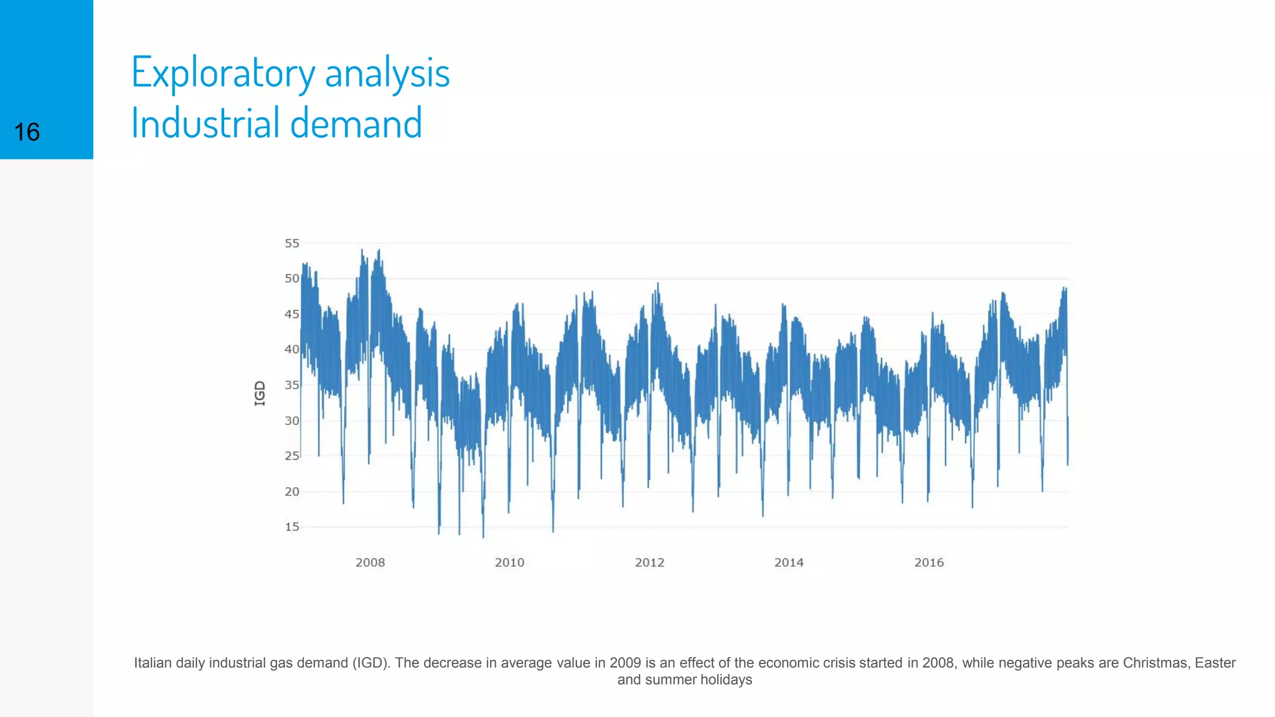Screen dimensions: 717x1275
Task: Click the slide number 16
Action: pos(27,133)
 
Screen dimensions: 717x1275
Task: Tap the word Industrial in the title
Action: pos(205,123)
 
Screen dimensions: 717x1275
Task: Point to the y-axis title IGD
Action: pos(260,393)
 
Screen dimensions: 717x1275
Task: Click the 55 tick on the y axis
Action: pos(292,243)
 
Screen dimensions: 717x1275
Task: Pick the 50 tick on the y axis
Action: pos(292,278)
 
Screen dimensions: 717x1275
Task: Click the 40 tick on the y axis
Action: pos(292,349)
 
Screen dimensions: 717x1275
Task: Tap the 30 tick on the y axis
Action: pos(292,421)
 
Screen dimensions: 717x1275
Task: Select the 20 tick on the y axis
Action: pos(292,492)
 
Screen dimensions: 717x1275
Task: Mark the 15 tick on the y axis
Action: pos(292,527)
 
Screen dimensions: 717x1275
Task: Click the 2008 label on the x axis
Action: pos(370,563)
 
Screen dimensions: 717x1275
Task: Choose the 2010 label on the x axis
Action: pos(509,563)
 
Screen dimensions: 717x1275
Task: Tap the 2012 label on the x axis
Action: pos(649,563)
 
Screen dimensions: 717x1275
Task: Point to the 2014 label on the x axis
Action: pos(789,563)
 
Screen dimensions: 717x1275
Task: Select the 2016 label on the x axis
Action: pos(929,563)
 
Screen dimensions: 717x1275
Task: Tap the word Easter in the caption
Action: pos(1215,663)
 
